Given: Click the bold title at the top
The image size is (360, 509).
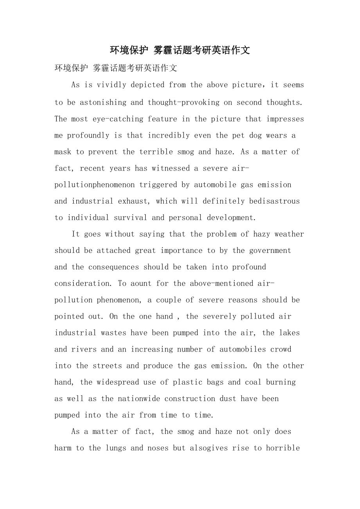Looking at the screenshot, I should coord(180,50).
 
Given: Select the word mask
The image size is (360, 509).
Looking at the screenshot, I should coord(63,152).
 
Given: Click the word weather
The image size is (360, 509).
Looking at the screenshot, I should coord(289,234).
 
